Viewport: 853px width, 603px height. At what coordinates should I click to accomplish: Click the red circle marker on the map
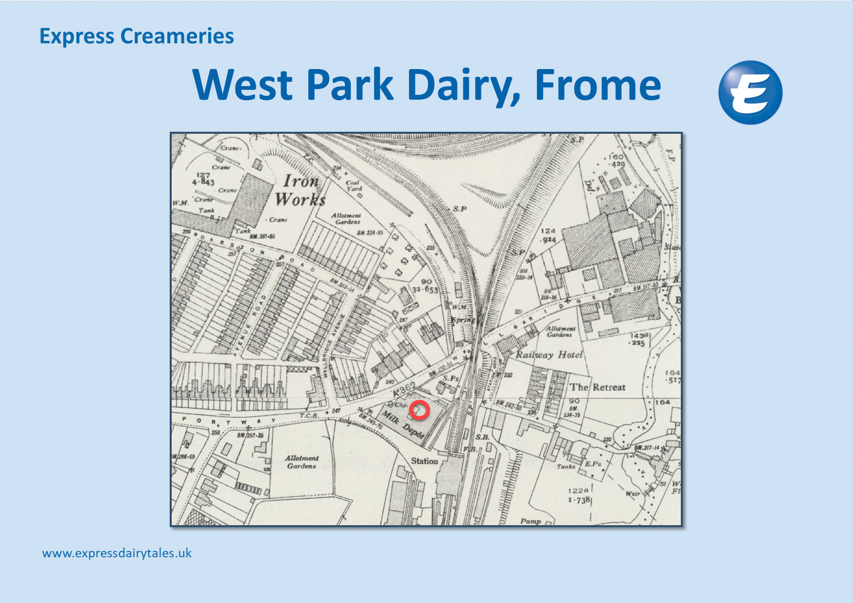pos(419,410)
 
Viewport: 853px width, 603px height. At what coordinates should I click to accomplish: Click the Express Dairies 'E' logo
pos(750,92)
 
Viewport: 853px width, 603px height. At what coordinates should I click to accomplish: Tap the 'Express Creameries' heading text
pos(137,36)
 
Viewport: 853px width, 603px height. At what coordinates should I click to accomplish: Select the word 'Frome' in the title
pos(598,85)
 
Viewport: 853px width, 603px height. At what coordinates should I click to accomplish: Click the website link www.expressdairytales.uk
pos(117,553)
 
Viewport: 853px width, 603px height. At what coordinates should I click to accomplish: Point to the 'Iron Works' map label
pos(301,190)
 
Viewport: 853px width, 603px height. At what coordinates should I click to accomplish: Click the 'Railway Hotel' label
pos(549,355)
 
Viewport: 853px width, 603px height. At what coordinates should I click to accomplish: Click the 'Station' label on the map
pos(424,461)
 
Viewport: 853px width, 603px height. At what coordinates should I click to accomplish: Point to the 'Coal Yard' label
pos(354,186)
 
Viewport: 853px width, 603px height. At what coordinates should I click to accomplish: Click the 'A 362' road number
pos(405,390)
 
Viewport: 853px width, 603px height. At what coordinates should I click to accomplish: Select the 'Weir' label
pos(633,494)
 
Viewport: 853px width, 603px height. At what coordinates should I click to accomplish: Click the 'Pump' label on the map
pos(530,521)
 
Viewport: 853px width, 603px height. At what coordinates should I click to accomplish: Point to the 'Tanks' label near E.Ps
pos(566,466)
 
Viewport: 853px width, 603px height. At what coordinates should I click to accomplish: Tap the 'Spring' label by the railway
pos(463,320)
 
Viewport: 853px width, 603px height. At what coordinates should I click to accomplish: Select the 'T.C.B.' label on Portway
pos(309,416)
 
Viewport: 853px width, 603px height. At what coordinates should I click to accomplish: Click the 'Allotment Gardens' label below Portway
pos(302,462)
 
